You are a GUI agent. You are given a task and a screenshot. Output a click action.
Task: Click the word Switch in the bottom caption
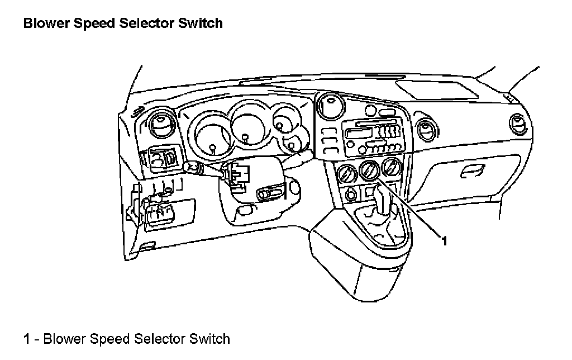209,339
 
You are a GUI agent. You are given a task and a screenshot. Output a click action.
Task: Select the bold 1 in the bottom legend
26,339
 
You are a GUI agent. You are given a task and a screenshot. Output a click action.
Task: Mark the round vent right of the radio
429,129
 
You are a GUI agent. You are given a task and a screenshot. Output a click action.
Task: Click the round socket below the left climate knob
351,195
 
